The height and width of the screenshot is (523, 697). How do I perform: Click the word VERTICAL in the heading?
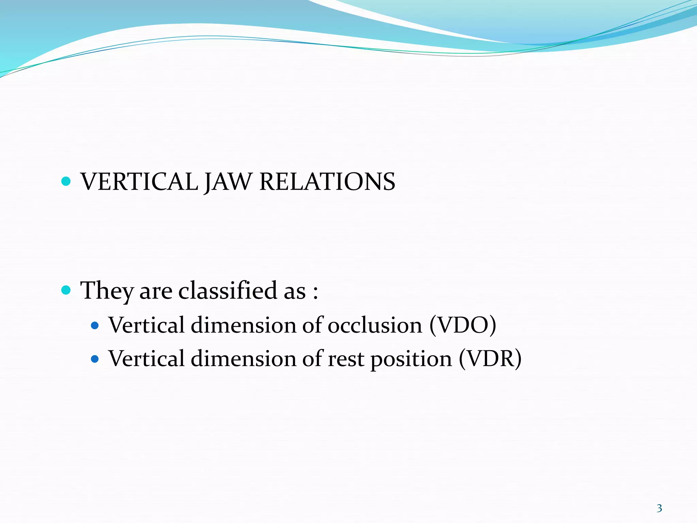point(139,181)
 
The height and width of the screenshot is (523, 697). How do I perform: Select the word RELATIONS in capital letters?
point(327,181)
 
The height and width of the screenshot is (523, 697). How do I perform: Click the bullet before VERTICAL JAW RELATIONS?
point(66,181)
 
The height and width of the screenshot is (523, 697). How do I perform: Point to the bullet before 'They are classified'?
point(66,290)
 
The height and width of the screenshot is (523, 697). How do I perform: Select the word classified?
point(228,290)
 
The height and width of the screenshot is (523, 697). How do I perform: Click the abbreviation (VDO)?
point(463,325)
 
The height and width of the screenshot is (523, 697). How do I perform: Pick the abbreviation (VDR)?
point(490,359)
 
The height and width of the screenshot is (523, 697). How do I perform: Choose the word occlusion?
point(375,325)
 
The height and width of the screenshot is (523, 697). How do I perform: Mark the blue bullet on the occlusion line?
point(95,326)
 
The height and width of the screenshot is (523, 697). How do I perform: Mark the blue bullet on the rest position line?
point(95,359)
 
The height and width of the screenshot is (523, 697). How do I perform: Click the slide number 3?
point(659,508)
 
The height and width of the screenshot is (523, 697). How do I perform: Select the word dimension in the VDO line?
point(244,325)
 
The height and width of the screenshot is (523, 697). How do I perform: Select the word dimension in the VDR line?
point(244,359)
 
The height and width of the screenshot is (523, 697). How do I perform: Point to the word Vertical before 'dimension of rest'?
point(147,359)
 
